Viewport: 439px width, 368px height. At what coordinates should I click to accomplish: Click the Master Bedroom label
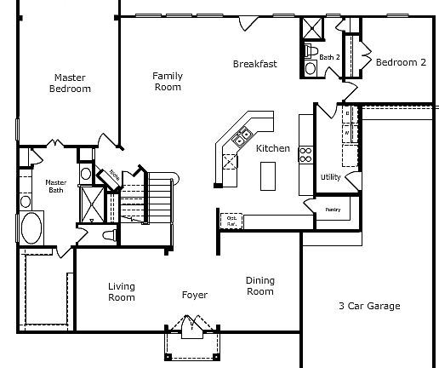(70, 83)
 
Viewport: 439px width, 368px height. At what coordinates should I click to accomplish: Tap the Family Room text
(168, 81)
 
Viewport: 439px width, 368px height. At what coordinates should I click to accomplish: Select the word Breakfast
(254, 64)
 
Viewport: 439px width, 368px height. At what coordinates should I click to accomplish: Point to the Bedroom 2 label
(401, 62)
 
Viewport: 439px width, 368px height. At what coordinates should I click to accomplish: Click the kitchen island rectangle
(268, 176)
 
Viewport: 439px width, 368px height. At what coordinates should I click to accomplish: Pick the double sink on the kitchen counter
(244, 134)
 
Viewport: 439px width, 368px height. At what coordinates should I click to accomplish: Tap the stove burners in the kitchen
(305, 155)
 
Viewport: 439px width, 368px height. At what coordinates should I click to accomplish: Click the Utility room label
(330, 177)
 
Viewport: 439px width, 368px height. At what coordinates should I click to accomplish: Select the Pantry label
(333, 208)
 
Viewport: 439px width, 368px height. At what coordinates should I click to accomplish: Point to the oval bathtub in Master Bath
(33, 229)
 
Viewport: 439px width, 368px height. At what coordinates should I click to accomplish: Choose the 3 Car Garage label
(368, 306)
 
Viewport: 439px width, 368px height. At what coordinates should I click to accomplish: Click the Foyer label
(195, 296)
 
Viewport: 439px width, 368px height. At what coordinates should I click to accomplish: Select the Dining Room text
(259, 286)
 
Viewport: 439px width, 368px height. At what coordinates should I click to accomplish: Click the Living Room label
(122, 291)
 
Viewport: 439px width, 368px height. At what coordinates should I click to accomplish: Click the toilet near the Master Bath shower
(109, 233)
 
